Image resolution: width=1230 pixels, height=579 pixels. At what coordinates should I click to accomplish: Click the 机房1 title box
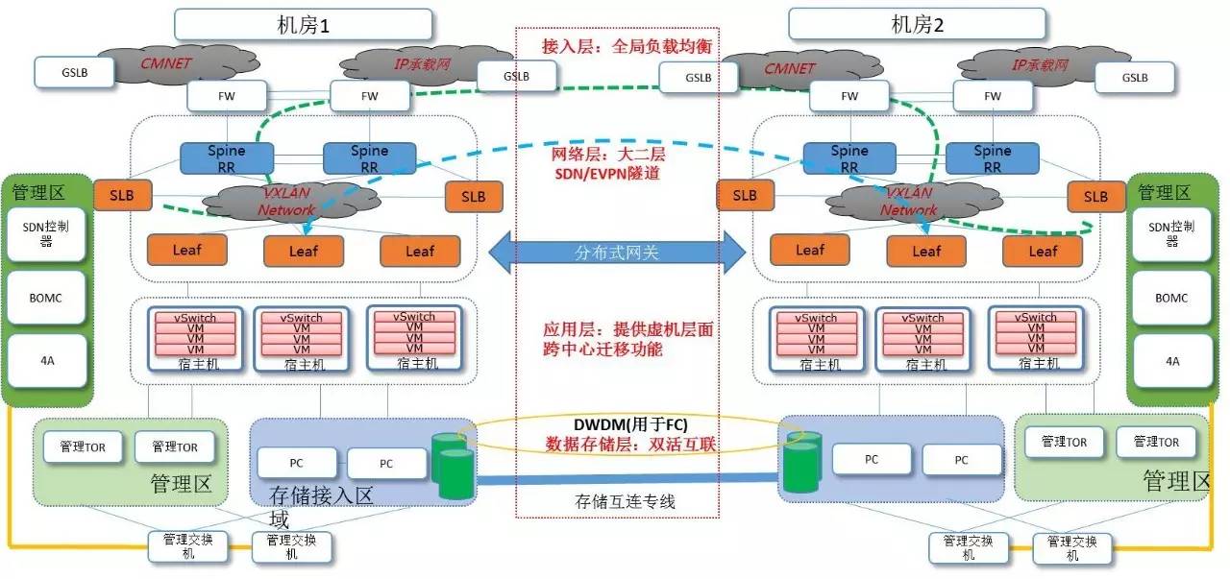pos(303,24)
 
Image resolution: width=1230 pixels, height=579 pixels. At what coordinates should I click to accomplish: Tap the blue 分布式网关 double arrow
pos(617,253)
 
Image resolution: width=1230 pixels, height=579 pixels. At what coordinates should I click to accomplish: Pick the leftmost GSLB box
pos(75,71)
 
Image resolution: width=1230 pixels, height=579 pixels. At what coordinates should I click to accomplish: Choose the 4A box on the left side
pos(47,361)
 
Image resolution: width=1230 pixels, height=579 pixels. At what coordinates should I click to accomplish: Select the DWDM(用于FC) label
pos(617,424)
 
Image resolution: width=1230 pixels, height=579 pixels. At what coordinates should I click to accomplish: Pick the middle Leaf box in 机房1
pos(304,252)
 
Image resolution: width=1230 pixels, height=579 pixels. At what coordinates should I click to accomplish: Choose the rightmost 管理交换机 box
pos(1072,548)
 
